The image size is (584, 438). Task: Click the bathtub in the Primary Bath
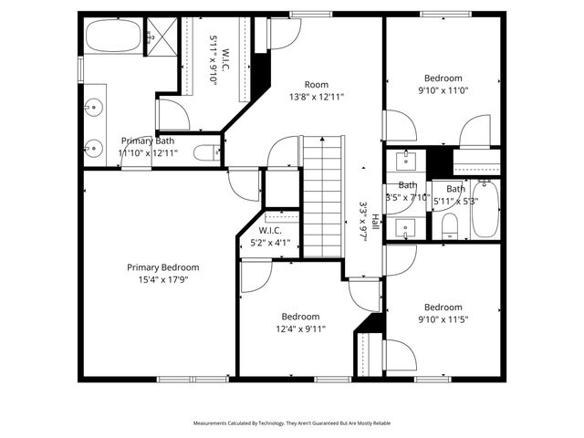(x=114, y=37)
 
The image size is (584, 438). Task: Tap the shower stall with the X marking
(x=161, y=36)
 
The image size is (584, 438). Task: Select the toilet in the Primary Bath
(x=208, y=152)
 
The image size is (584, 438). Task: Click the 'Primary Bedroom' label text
(x=162, y=267)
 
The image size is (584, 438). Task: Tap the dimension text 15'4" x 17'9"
(x=162, y=280)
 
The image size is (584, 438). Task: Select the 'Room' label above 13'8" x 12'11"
(x=316, y=84)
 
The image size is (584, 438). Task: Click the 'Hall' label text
(x=374, y=222)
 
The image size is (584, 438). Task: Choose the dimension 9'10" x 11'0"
(x=443, y=90)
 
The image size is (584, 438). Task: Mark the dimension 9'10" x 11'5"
(x=443, y=319)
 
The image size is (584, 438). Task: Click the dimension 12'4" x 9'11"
(x=300, y=328)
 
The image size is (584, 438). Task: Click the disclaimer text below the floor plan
(x=291, y=423)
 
